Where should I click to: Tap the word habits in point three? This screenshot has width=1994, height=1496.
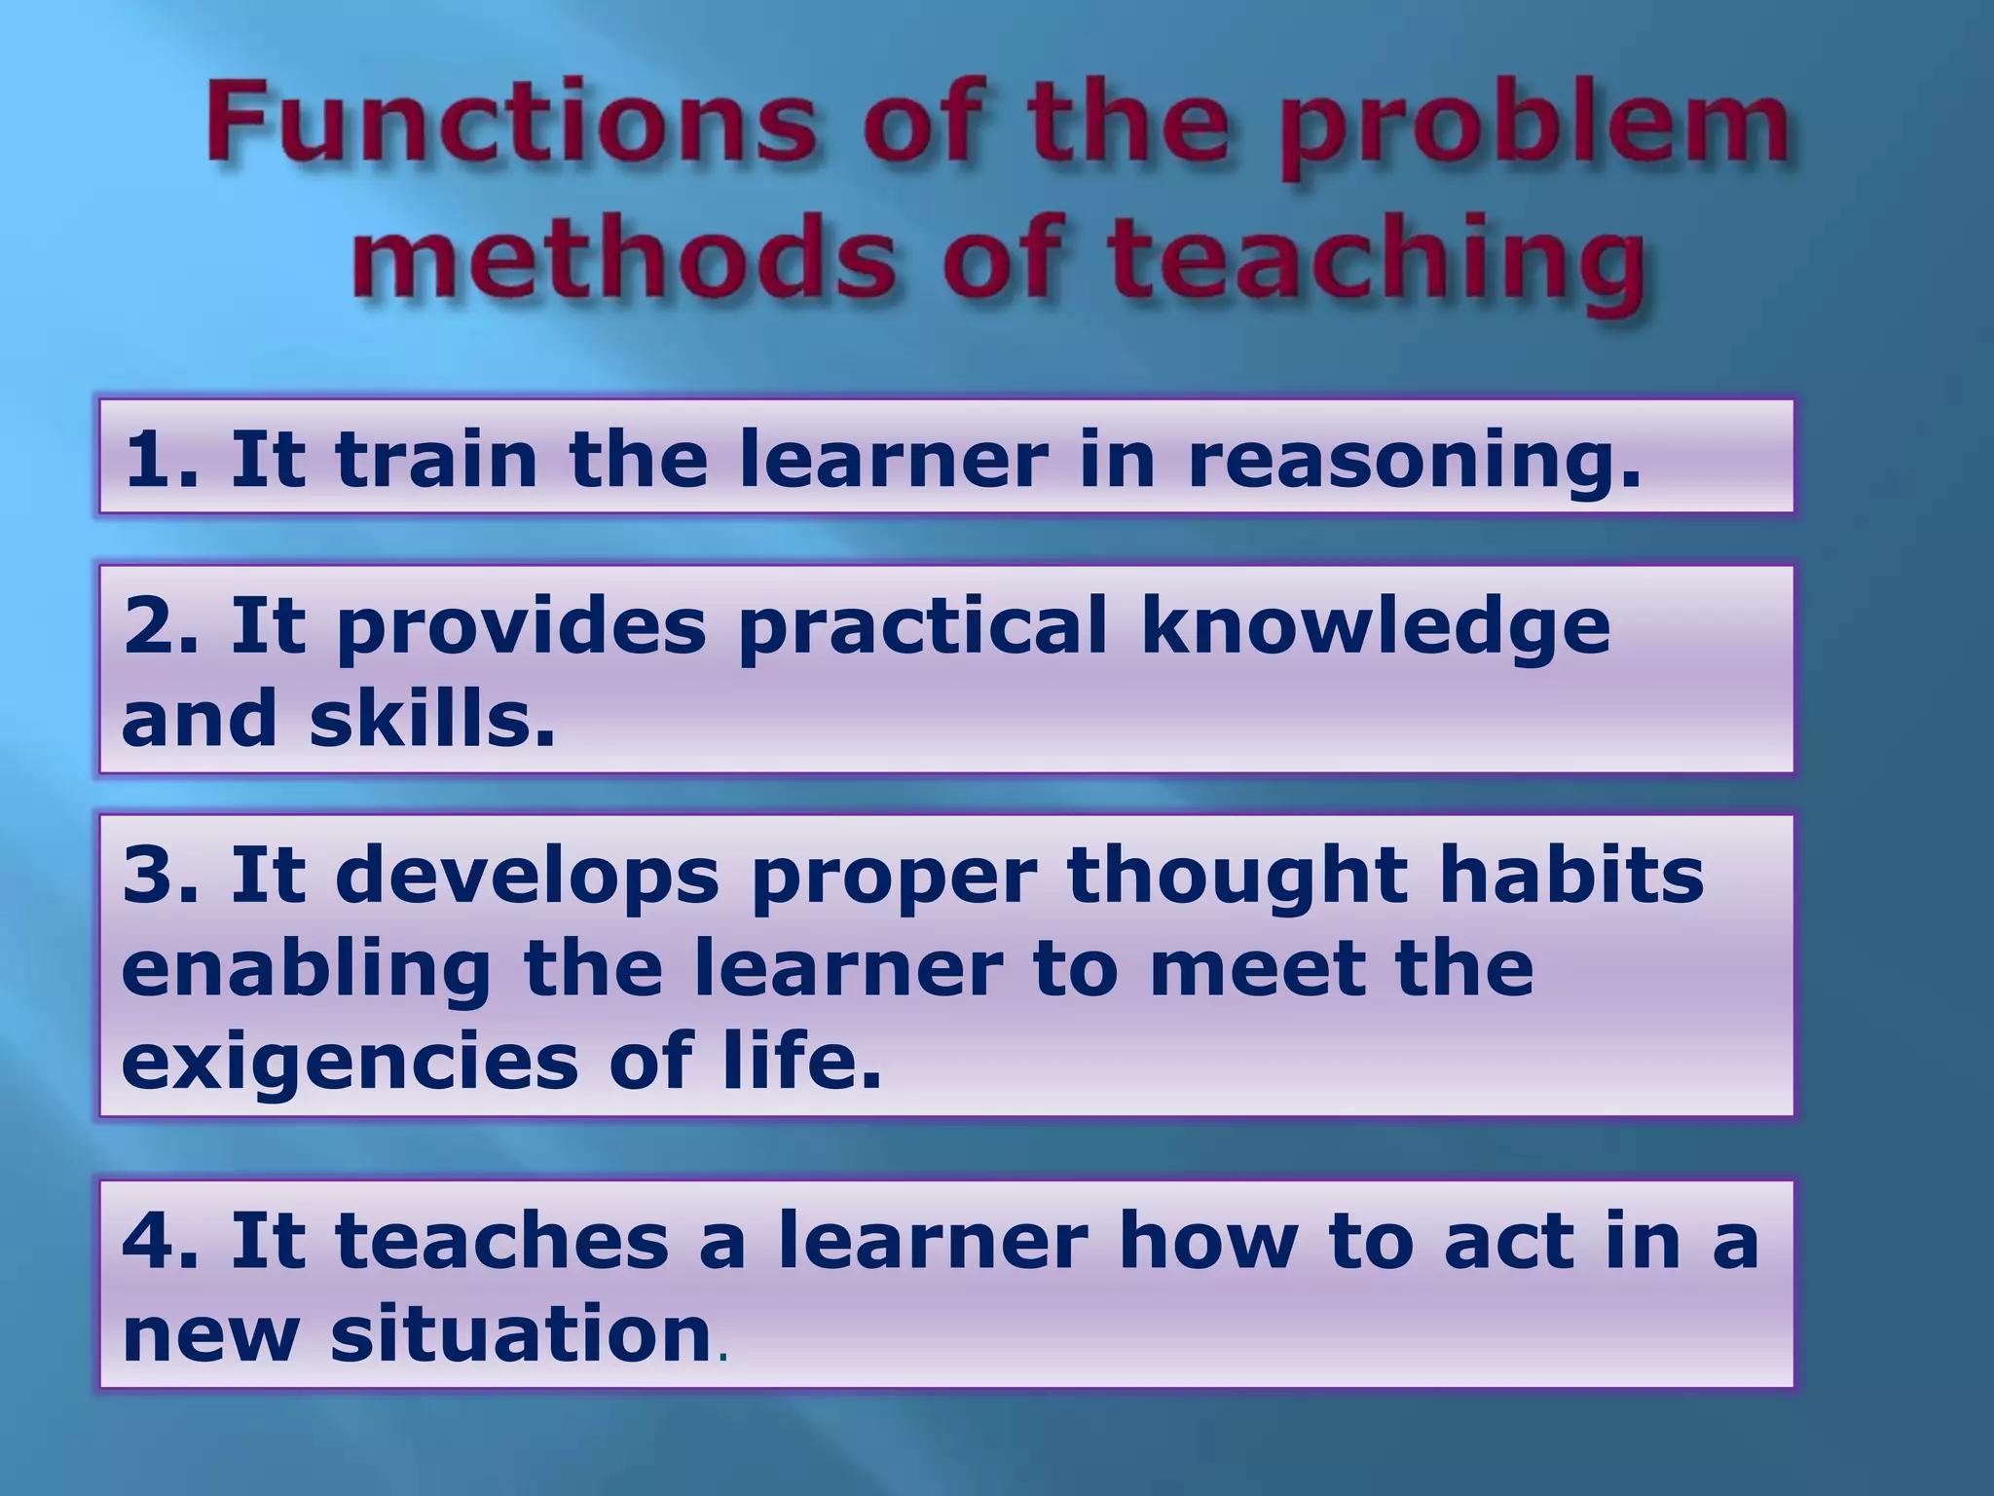tap(1571, 874)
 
